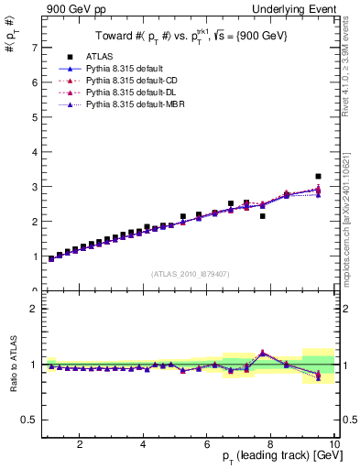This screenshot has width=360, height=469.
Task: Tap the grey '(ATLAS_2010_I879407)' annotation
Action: coord(191,272)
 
